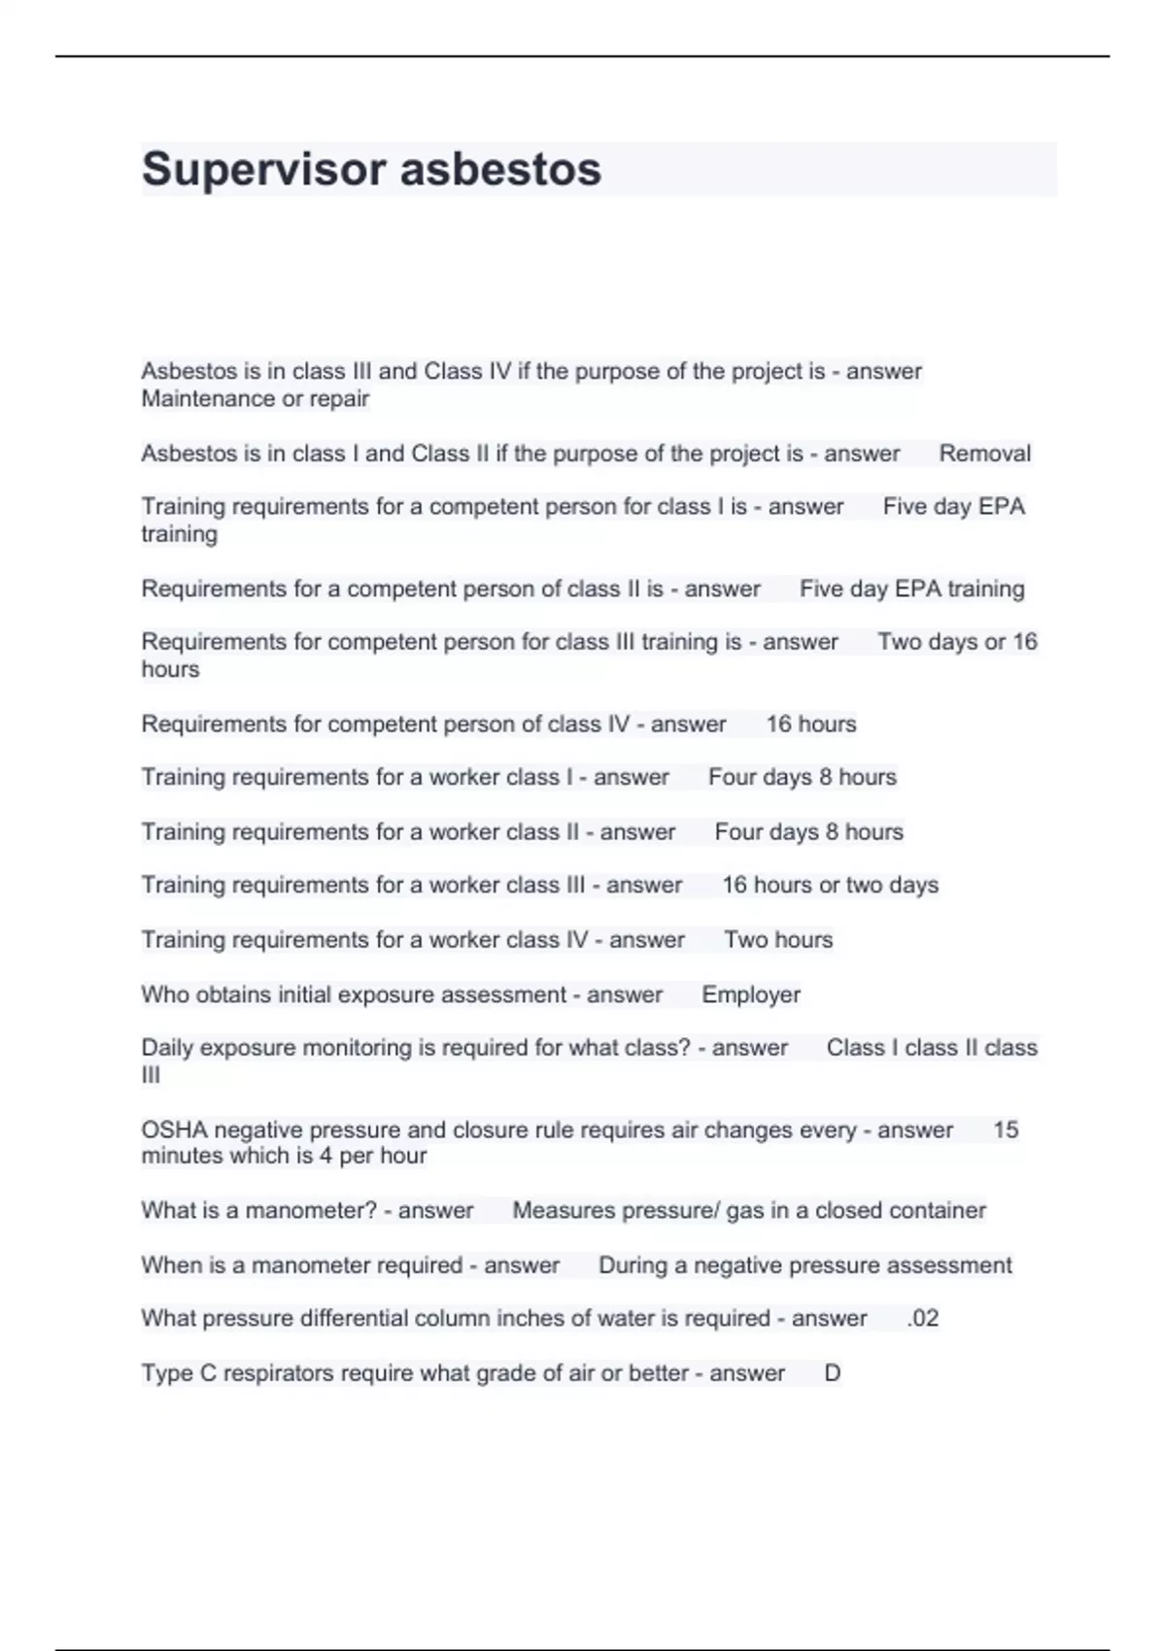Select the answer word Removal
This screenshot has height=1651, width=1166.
pos(984,454)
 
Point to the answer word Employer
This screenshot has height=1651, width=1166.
pos(751,994)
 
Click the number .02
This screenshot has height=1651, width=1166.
pos(922,1318)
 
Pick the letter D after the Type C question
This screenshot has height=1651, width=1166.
pos(832,1373)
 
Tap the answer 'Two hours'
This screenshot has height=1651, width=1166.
pos(778,939)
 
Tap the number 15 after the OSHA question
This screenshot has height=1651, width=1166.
pos(1006,1129)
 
